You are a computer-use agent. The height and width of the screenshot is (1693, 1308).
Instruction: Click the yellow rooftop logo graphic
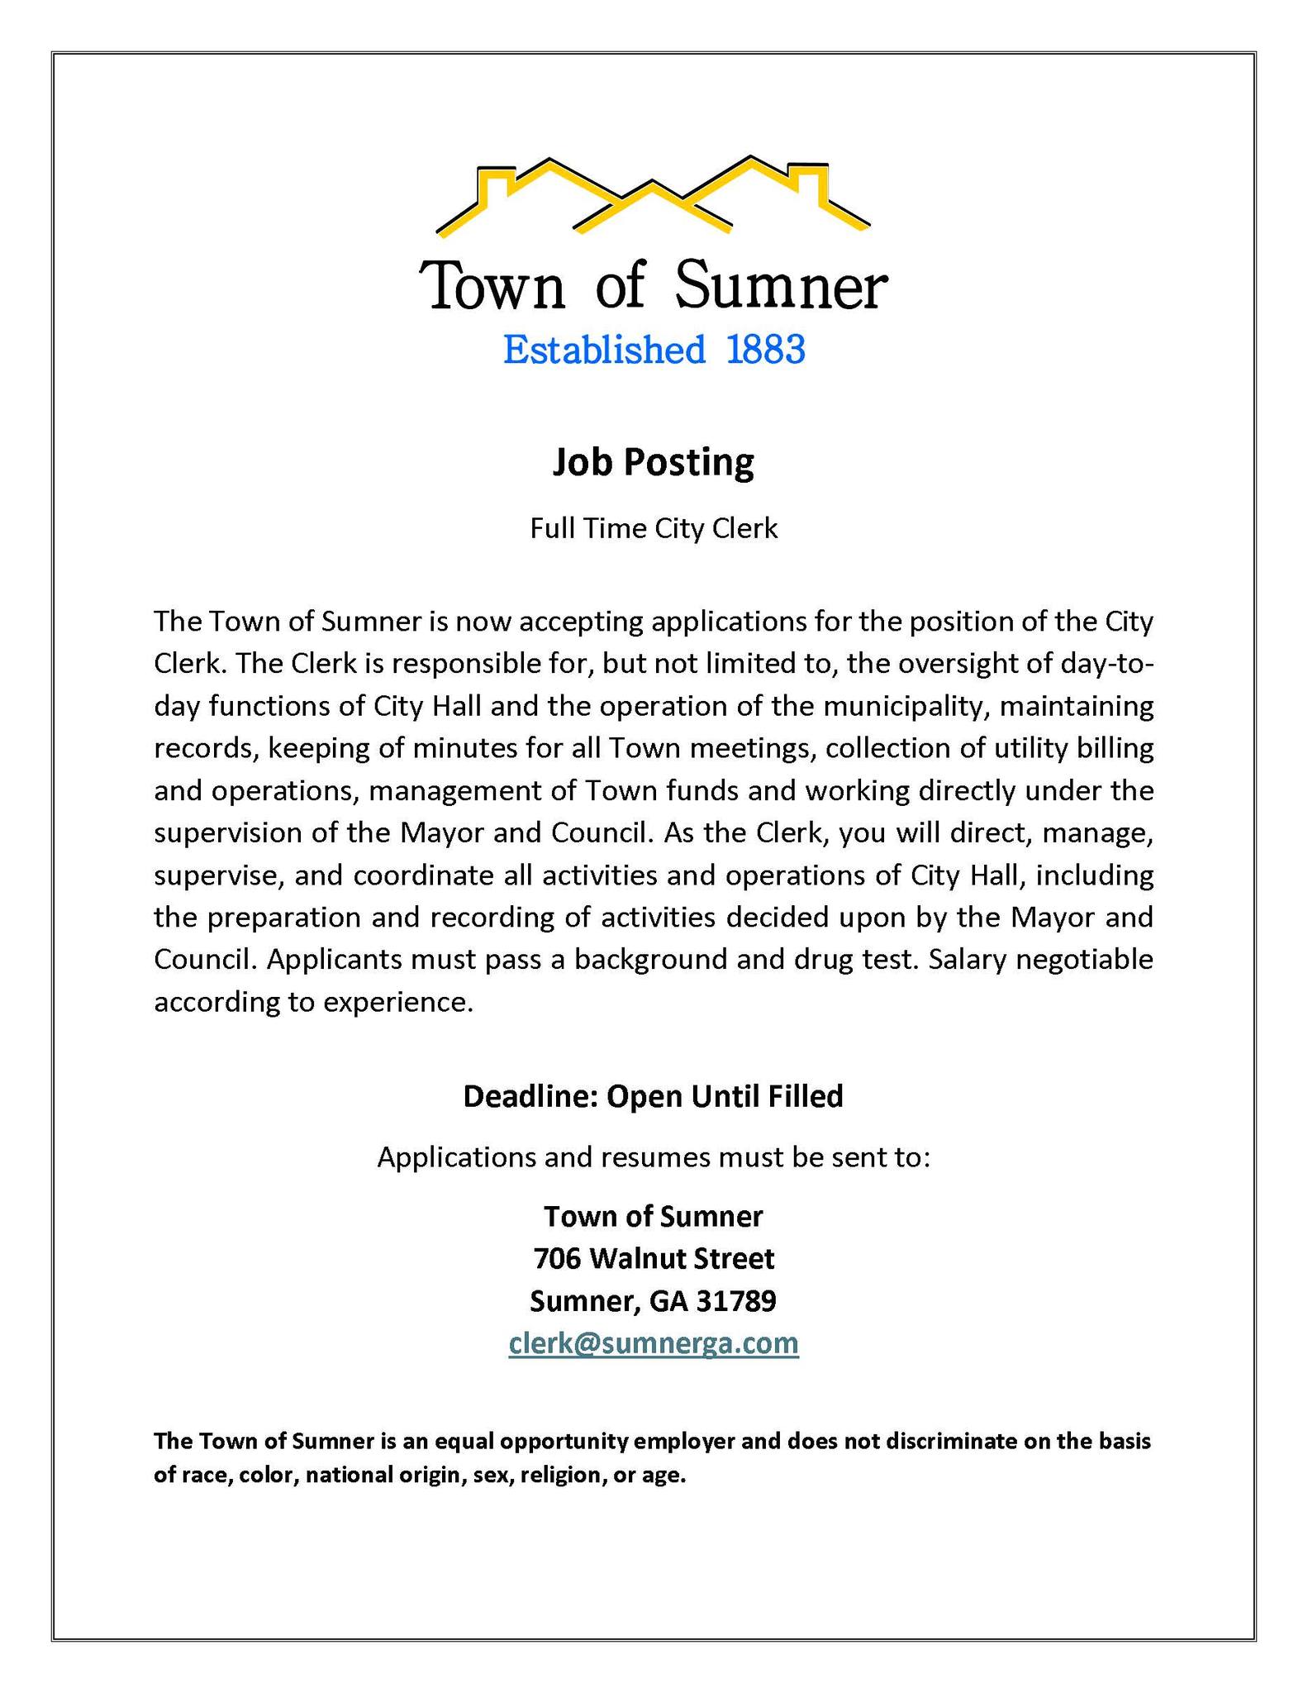click(653, 195)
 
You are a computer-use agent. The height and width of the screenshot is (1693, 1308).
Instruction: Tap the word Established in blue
click(604, 351)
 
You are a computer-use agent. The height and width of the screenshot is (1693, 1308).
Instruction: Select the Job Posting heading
click(653, 463)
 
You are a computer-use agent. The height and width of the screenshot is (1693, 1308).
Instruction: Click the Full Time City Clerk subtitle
click(654, 528)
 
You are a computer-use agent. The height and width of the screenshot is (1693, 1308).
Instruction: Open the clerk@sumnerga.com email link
click(654, 1343)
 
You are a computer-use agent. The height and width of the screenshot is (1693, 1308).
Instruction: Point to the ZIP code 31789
click(736, 1301)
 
